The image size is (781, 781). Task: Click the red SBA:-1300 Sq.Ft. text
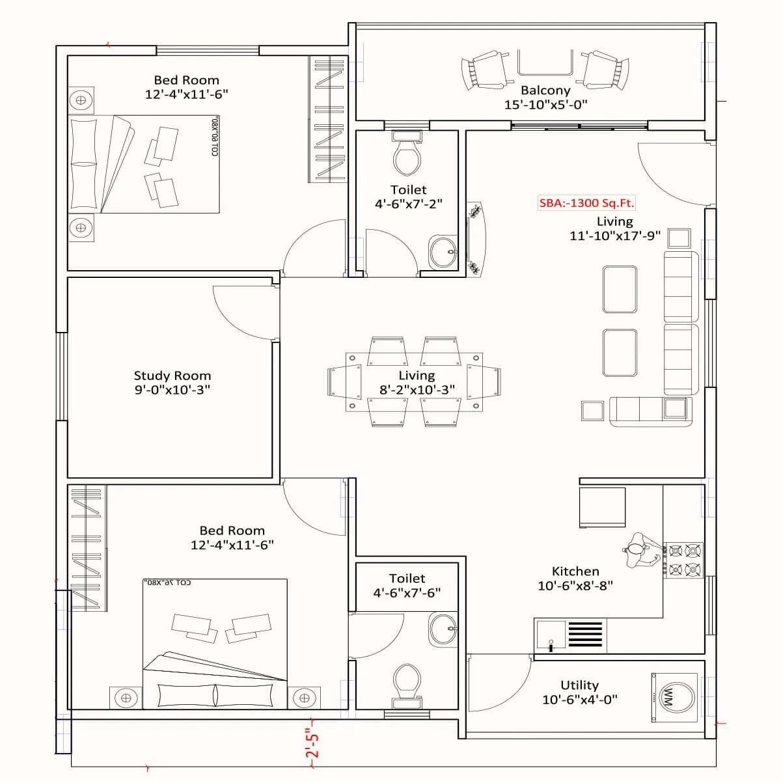pyautogui.click(x=586, y=203)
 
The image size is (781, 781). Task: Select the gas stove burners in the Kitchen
pyautogui.click(x=684, y=560)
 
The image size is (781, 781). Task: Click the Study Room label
pyautogui.click(x=172, y=376)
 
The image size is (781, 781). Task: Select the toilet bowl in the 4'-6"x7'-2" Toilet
pyautogui.click(x=407, y=157)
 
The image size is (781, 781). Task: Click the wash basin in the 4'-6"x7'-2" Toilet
pyautogui.click(x=443, y=251)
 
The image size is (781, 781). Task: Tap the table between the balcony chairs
pyautogui.click(x=545, y=63)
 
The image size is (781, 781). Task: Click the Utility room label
pyautogui.click(x=579, y=685)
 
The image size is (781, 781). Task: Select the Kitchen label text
pyautogui.click(x=575, y=571)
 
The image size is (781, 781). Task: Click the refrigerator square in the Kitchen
pyautogui.click(x=602, y=508)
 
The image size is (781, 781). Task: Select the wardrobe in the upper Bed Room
pyautogui.click(x=328, y=119)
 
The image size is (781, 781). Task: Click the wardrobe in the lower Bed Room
pyautogui.click(x=87, y=548)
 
